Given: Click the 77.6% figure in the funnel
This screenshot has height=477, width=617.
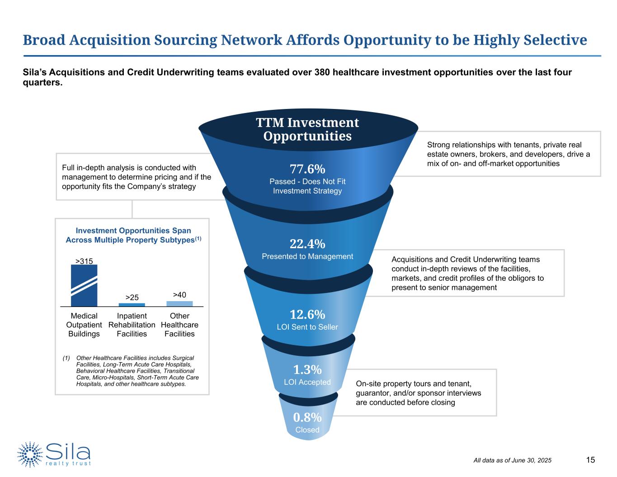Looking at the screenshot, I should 307,169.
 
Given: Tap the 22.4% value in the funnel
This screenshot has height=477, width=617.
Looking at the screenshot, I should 307,244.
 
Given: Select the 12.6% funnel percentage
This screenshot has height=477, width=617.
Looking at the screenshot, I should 307,314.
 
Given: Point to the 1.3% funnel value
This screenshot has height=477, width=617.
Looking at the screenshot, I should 307,370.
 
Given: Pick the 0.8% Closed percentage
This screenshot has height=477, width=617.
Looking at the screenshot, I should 307,417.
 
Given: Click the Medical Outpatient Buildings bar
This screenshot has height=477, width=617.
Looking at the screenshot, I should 84,286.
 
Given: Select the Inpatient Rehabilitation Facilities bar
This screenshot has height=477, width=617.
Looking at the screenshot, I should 132,305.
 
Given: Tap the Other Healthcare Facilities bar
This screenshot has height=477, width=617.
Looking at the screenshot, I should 179,304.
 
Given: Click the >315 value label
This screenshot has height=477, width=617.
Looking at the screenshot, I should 84,261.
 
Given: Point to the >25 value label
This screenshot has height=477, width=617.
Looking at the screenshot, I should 132,298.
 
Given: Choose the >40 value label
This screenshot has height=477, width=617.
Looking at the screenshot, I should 179,295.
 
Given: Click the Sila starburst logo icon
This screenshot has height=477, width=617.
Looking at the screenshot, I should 30,454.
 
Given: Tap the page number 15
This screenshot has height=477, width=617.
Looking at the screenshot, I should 590,460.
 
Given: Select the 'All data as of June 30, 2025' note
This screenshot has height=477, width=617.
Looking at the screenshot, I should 512,460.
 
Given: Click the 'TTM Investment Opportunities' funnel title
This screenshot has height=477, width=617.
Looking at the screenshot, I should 307,129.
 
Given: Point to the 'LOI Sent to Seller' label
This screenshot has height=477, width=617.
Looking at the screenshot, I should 307,327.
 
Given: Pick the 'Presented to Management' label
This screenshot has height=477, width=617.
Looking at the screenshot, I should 307,256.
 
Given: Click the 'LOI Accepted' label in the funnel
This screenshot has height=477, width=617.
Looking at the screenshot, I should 307,382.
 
